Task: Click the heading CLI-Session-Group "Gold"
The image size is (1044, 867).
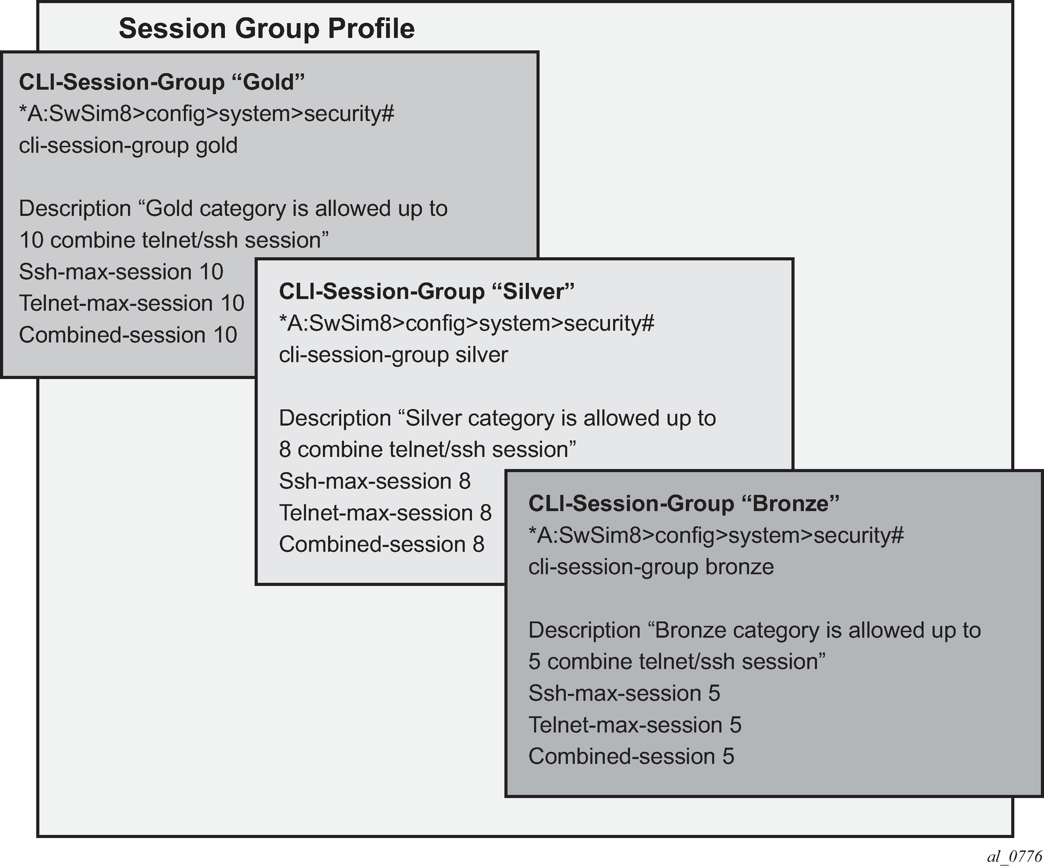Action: [161, 82]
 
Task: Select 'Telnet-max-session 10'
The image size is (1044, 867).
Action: [132, 303]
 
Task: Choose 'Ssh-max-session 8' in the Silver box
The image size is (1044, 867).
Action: [375, 481]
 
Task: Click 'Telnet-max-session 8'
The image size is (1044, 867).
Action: [385, 513]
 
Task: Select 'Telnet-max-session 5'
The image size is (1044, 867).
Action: [635, 725]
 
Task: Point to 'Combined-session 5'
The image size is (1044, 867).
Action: [631, 757]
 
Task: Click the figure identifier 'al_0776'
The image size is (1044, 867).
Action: [1014, 856]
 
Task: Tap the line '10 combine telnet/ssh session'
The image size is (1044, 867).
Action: [174, 240]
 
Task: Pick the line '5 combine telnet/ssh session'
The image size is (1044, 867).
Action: [677, 662]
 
